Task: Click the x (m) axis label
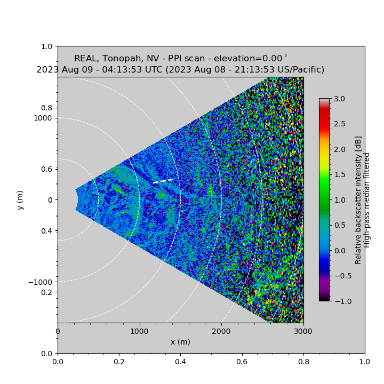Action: click(x=180, y=342)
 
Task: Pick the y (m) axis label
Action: click(x=20, y=200)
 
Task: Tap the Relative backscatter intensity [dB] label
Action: click(x=358, y=200)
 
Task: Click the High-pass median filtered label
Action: click(x=367, y=200)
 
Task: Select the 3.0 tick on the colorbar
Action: click(x=339, y=99)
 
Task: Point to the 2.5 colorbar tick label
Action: click(x=339, y=124)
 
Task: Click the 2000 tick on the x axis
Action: click(x=221, y=331)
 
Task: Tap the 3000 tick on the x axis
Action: click(x=303, y=331)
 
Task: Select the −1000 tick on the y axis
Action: click(x=41, y=282)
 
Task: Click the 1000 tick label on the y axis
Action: click(x=43, y=118)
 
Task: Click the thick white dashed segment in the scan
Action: click(x=163, y=181)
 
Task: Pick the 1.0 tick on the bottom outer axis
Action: click(x=365, y=361)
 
